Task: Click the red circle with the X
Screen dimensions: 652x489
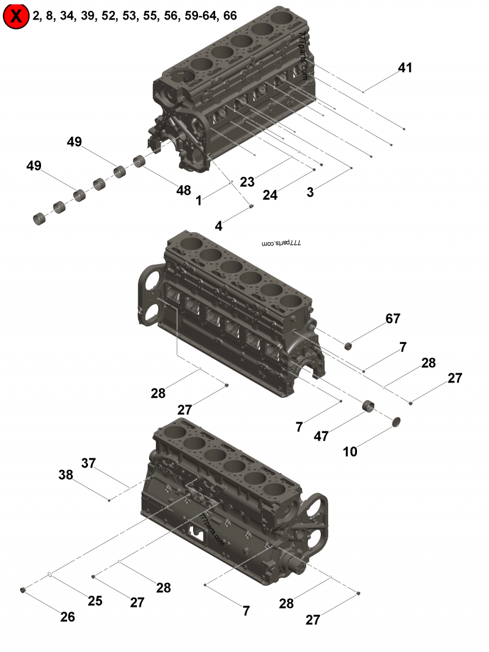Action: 17,16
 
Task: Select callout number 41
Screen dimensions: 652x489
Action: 405,68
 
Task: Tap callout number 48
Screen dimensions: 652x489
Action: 183,190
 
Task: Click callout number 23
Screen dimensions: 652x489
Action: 247,181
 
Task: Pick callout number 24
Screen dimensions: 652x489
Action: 270,195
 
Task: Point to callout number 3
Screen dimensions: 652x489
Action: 311,192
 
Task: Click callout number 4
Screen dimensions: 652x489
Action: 218,225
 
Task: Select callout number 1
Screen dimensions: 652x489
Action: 198,200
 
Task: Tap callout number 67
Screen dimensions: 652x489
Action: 392,318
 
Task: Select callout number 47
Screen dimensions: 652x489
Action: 322,436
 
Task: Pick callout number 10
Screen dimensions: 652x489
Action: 350,452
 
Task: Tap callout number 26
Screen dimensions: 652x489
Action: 67,617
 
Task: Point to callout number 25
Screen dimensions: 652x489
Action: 95,601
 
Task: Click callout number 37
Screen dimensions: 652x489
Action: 89,463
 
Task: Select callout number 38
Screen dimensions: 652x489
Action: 65,474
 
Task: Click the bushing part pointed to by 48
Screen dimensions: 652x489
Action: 140,162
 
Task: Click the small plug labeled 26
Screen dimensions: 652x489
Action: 23,590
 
